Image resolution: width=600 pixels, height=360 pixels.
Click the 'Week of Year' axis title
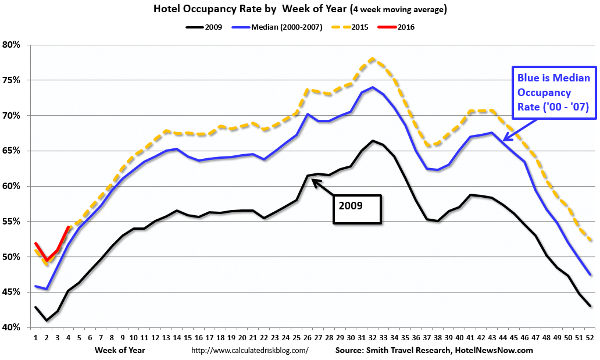(120, 350)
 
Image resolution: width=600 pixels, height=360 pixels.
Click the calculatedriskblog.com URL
(249, 351)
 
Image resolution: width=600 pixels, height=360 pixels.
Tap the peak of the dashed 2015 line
(373, 58)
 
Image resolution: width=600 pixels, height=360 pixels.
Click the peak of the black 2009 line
(373, 141)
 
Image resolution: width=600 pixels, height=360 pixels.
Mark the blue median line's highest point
(373, 87)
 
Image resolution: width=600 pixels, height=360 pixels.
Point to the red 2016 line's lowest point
(47, 260)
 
